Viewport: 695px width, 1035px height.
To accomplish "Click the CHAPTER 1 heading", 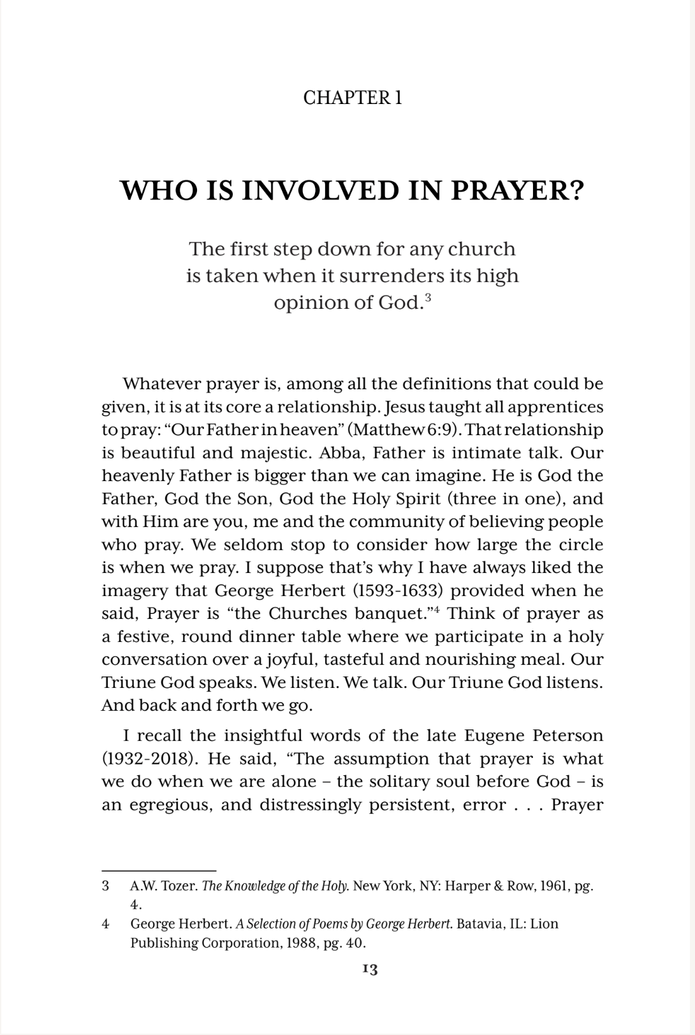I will pos(353,98).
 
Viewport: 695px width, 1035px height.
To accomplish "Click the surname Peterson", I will pos(564,736).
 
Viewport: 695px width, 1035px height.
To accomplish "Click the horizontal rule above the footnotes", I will pos(159,870).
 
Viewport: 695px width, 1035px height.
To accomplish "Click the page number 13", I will pos(369,969).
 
